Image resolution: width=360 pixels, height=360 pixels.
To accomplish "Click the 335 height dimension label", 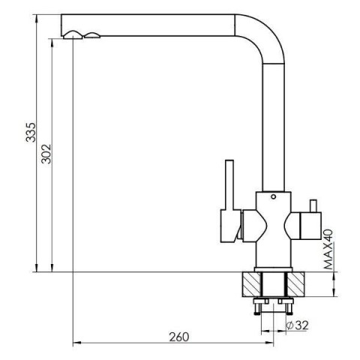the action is (31, 132).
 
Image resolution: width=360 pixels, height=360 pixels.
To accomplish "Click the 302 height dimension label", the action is (46, 154).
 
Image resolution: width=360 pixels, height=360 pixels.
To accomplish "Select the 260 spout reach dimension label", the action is (179, 337).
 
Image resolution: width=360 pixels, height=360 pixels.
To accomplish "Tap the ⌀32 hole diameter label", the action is (297, 325).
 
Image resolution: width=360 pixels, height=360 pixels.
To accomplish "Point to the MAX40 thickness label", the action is (328, 249).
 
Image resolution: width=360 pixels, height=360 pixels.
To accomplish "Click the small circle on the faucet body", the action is (273, 196).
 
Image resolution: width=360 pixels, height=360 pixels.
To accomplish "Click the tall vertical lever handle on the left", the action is (229, 185).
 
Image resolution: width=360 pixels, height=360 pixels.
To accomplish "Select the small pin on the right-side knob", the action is (313, 206).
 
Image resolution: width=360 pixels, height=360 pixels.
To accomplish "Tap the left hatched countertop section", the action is (251, 284).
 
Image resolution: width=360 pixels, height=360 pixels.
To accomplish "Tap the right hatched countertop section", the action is (295, 284).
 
